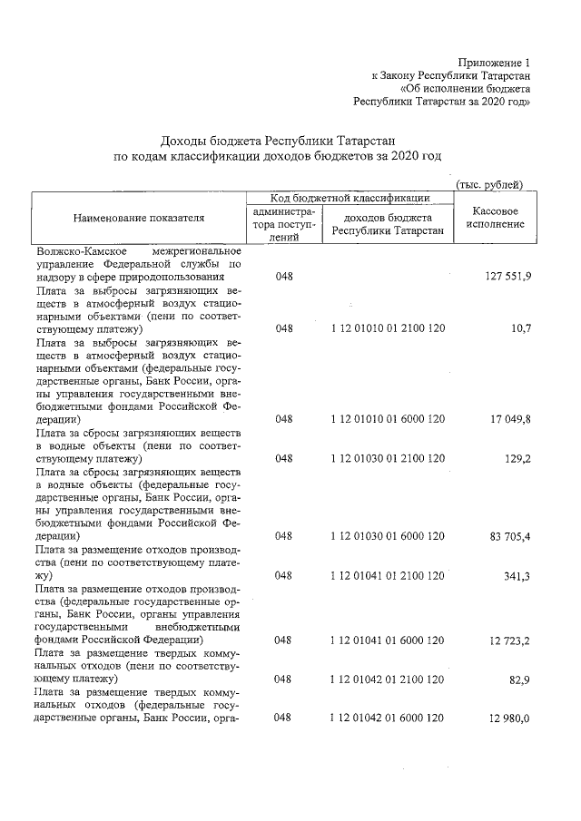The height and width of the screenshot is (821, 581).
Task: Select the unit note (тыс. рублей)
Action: click(490, 184)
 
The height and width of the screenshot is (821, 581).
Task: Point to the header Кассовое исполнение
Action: click(490, 218)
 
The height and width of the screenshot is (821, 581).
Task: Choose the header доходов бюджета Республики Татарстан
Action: click(388, 224)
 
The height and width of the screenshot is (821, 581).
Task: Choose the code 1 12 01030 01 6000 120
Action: click(388, 536)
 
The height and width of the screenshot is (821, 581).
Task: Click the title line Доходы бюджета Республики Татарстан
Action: click(278, 140)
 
